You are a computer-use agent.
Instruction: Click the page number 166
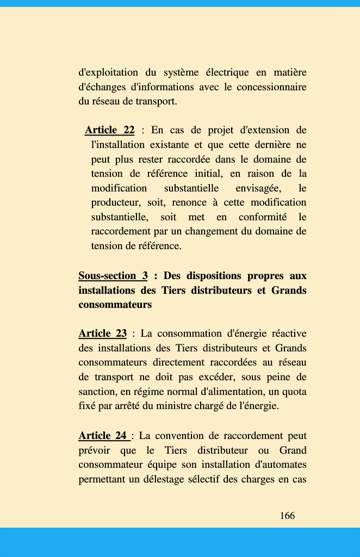click(287, 516)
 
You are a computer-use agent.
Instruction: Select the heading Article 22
click(109, 130)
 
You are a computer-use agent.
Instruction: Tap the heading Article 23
click(102, 333)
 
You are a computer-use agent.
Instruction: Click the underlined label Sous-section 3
click(113, 276)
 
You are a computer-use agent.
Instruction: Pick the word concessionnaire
click(270, 87)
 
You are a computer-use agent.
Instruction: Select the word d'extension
click(264, 130)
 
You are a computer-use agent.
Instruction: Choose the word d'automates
click(276, 465)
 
